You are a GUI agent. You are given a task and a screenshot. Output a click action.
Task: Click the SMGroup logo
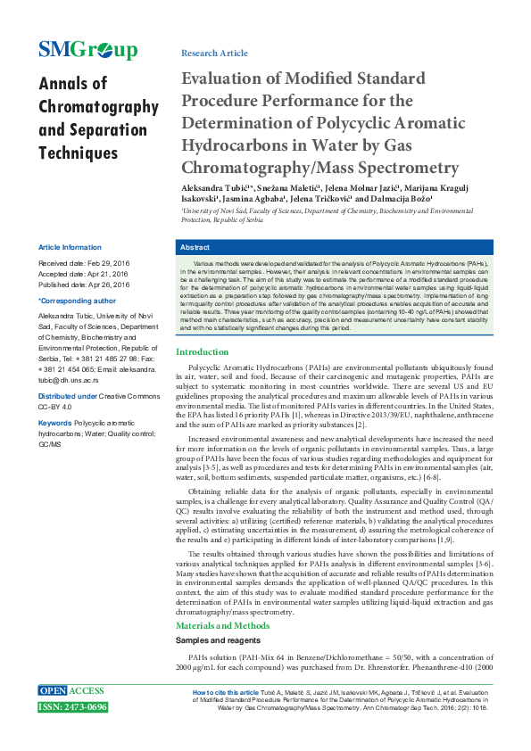click(87, 50)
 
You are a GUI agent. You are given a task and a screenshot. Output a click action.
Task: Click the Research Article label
click(214, 54)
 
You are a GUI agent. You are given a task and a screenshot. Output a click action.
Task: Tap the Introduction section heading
click(203, 352)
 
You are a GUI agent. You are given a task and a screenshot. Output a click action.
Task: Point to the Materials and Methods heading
click(222, 625)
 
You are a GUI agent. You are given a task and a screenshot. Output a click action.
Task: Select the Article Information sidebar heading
click(70, 247)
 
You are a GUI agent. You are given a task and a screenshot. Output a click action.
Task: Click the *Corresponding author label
click(76, 301)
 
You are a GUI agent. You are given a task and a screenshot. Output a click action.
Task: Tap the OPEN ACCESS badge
click(71, 691)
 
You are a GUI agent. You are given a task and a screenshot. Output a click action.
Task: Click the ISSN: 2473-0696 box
click(72, 707)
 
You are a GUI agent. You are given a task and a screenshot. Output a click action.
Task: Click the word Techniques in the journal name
click(79, 153)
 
